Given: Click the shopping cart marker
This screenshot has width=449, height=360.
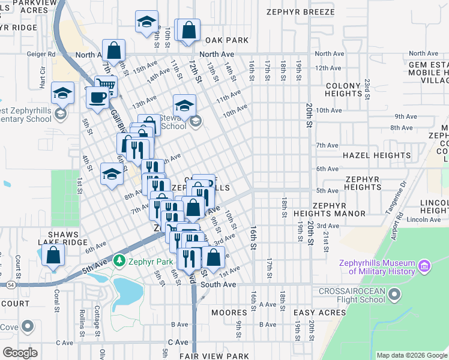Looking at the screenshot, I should pos(106,86).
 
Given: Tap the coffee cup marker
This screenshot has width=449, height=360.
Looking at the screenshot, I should pos(97,97).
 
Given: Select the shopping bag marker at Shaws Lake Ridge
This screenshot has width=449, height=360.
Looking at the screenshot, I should pos(53,255).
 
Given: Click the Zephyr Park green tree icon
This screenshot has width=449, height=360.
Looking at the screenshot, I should pos(119,261).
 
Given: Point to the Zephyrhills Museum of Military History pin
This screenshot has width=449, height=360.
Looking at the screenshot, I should pos(424,265).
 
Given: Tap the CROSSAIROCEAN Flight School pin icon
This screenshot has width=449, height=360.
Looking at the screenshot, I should pos(394,294).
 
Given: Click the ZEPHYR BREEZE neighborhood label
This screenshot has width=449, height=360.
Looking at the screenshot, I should pos(307,11).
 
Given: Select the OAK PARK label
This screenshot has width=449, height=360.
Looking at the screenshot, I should pos(227,40).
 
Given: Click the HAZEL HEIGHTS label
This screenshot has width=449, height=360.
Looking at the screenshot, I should pos(376,155).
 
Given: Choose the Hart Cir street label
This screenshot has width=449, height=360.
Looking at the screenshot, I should pos(43,79).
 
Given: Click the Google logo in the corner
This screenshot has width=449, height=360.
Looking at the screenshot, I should pos(20,353).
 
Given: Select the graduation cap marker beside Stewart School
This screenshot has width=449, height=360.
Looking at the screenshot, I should pos(184,106).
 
